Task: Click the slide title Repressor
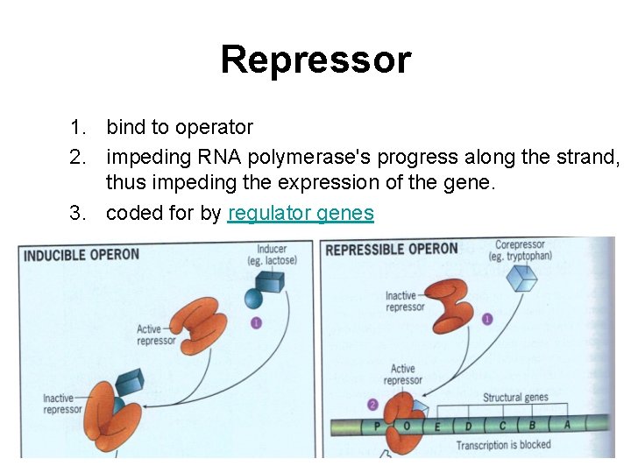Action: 315,60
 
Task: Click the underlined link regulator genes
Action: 301,213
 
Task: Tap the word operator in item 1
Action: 214,127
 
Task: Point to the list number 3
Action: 78,213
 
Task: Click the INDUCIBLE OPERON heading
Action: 81,256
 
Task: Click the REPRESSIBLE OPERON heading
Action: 391,249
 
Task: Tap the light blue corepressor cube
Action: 523,279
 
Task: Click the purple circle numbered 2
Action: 372,405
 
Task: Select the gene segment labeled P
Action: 378,427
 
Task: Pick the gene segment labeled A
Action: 567,424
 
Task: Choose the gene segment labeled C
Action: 502,425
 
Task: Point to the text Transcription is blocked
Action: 503,445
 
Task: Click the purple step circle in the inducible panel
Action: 256,323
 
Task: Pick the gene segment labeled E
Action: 437,427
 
